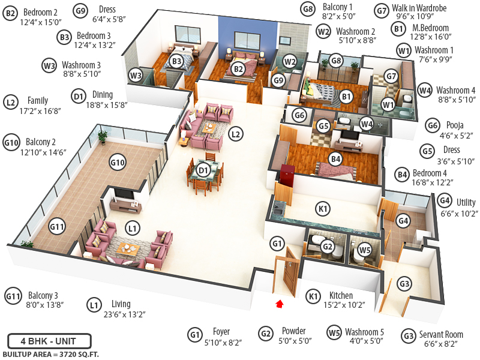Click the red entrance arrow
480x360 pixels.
click(278, 304)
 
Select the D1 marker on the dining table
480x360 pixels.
click(203, 170)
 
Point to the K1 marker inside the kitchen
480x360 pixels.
click(323, 209)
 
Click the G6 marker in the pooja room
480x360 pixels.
click(300, 115)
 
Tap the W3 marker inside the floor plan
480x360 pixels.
click(136, 75)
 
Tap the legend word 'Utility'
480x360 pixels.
click(466, 202)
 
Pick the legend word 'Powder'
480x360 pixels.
click(294, 331)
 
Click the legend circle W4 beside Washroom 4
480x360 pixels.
click(425, 91)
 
